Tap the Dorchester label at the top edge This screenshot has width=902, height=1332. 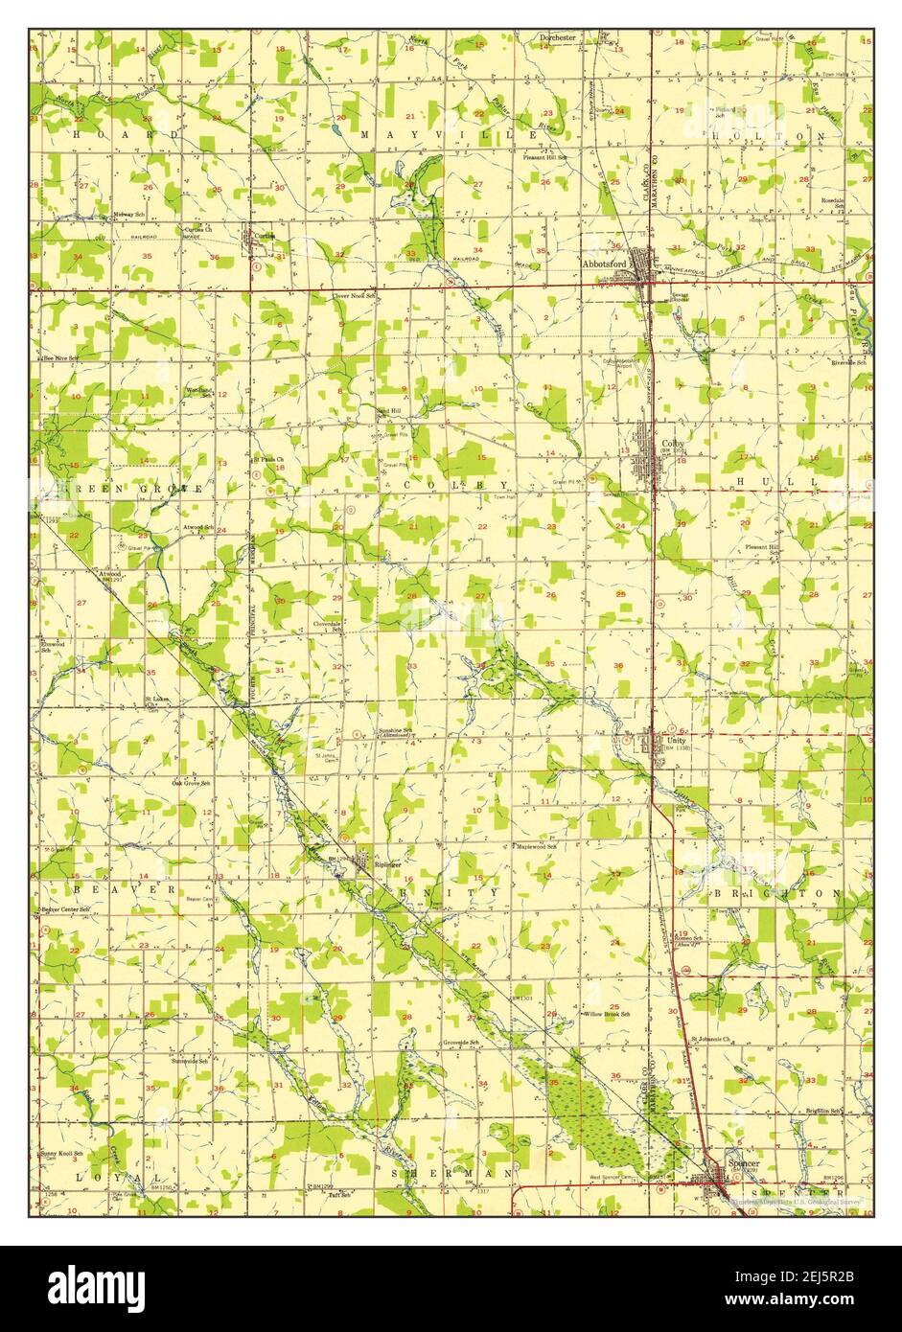tap(557, 37)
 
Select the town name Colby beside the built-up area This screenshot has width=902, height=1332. tap(672, 444)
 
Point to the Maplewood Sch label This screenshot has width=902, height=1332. tap(538, 846)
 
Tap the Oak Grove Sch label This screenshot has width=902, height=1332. tap(191, 783)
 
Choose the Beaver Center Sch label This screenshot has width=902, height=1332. tap(65, 907)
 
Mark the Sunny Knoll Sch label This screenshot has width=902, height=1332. tap(62, 1154)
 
